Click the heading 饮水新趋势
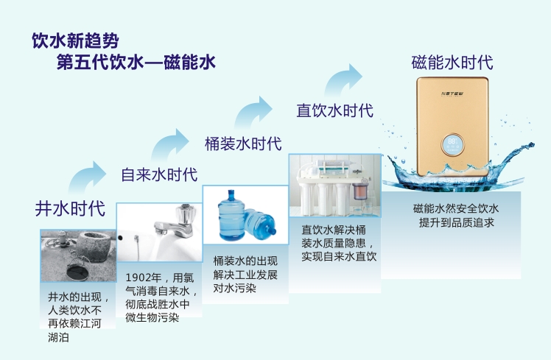[x=76, y=40]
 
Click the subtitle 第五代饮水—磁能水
[x=136, y=62]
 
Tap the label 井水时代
[x=70, y=208]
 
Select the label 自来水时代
[x=159, y=174]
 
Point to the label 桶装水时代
[x=243, y=144]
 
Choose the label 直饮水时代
[x=334, y=110]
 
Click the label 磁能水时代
[x=452, y=62]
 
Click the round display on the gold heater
[x=452, y=145]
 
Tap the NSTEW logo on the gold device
[x=452, y=93]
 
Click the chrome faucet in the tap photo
[x=176, y=223]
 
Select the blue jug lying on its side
[x=260, y=224]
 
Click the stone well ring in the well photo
[x=94, y=245]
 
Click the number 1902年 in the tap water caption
[x=144, y=278]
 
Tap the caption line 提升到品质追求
[x=457, y=222]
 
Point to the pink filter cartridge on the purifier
[x=361, y=191]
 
